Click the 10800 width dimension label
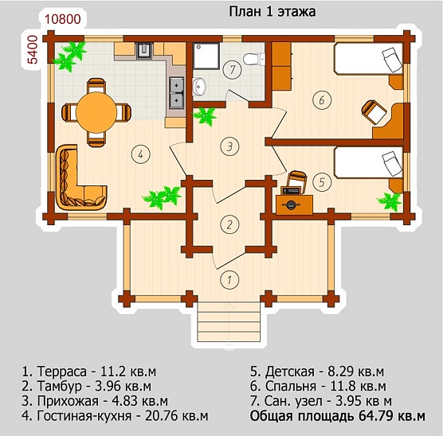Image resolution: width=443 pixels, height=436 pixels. (x=63, y=19)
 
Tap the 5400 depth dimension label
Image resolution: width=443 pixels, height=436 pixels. (x=33, y=49)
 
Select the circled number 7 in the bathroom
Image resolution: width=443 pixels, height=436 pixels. (x=232, y=69)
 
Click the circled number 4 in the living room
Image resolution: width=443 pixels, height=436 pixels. (x=141, y=154)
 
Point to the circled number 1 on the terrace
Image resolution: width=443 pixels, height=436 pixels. (x=229, y=280)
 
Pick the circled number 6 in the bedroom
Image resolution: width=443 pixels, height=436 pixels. (x=322, y=100)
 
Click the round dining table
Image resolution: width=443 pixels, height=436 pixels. (x=96, y=112)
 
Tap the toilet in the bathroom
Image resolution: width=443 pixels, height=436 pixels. (x=254, y=59)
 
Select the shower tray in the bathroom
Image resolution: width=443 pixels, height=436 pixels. (x=206, y=56)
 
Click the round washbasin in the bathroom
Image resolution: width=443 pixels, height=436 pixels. (x=199, y=87)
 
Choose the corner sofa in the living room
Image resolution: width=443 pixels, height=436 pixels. (x=80, y=178)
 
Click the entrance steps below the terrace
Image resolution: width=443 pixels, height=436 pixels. (x=229, y=321)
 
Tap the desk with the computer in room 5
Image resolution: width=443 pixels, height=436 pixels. (x=294, y=204)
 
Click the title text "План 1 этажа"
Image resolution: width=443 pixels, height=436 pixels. (x=272, y=12)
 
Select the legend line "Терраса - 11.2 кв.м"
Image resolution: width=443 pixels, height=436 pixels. (x=89, y=372)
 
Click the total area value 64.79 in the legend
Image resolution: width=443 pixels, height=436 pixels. (x=375, y=416)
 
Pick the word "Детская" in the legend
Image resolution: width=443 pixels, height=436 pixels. (x=290, y=372)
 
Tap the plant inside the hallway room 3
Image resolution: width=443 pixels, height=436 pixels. (x=205, y=115)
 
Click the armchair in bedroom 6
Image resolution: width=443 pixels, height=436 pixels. (x=374, y=111)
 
